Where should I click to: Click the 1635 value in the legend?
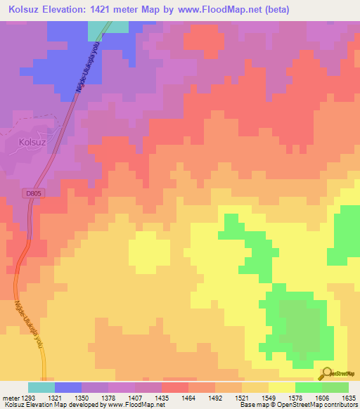[349, 397]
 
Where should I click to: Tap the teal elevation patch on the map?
[108, 27]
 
